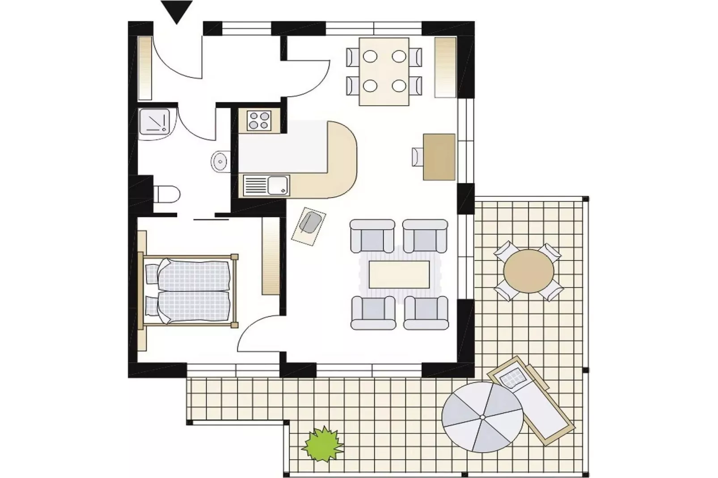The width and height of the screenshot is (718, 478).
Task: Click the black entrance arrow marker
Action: click(177, 11)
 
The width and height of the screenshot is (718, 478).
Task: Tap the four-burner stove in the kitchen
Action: click(259, 120)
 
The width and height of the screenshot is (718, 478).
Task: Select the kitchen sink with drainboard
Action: click(266, 185)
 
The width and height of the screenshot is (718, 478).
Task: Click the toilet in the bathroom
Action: click(167, 195)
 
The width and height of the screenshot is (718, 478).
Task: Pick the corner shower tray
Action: click(154, 121)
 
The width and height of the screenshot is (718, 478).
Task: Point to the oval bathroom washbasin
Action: click(220, 161)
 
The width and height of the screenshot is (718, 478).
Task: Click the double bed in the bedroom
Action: click(190, 291)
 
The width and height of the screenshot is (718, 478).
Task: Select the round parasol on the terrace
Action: click(482, 416)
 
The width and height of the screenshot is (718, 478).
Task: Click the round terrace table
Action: click(528, 271)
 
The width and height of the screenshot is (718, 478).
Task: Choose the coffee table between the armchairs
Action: click(399, 274)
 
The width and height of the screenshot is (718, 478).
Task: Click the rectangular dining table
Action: click(384, 71)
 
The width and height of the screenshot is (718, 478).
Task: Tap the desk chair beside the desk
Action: click(417, 156)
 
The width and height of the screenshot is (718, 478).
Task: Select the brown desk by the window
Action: click(439, 156)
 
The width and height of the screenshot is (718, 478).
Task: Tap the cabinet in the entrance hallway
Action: click(145, 68)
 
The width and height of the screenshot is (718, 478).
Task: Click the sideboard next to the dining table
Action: click(445, 67)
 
